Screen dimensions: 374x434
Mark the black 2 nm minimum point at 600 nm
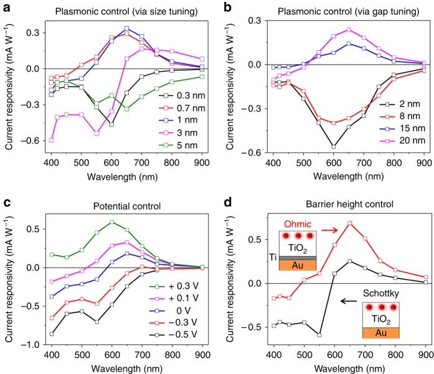tap(334, 147)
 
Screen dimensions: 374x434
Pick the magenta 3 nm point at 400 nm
tap(51, 140)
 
